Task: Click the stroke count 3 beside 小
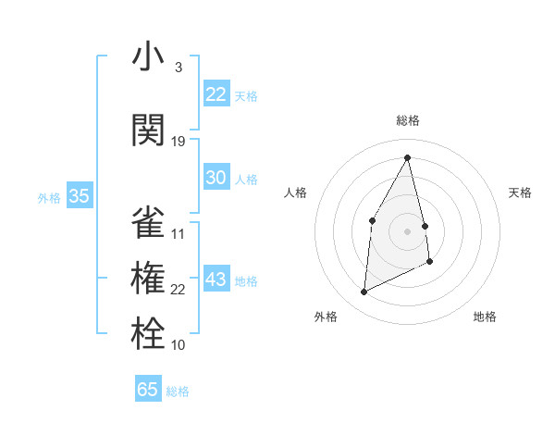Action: (x=178, y=68)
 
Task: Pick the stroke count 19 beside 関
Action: (x=179, y=141)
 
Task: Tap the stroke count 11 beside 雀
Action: (x=179, y=233)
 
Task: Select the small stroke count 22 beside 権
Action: (x=179, y=290)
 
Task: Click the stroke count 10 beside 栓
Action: (x=179, y=345)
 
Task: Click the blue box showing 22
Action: (x=216, y=94)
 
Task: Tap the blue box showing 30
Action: (x=216, y=178)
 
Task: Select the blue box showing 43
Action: (x=216, y=280)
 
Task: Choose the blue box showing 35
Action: (x=80, y=195)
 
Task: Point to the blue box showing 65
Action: (x=148, y=390)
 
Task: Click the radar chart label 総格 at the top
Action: (x=408, y=120)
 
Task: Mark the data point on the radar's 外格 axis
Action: (x=364, y=292)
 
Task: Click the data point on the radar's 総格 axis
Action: (x=408, y=156)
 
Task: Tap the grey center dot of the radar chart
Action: (x=408, y=230)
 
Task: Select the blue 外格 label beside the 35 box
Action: (x=49, y=197)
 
